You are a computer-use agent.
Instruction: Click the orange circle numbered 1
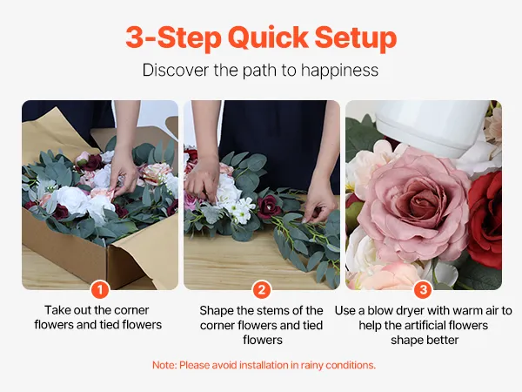point(100,289)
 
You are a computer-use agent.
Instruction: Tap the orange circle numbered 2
point(262,289)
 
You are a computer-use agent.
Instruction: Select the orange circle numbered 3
point(423,289)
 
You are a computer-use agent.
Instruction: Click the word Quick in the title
point(268,37)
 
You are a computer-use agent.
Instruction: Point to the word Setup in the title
point(356,38)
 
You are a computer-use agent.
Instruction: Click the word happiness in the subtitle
point(339,71)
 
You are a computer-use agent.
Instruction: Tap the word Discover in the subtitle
point(176,70)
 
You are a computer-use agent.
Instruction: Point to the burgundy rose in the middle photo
point(268,206)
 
